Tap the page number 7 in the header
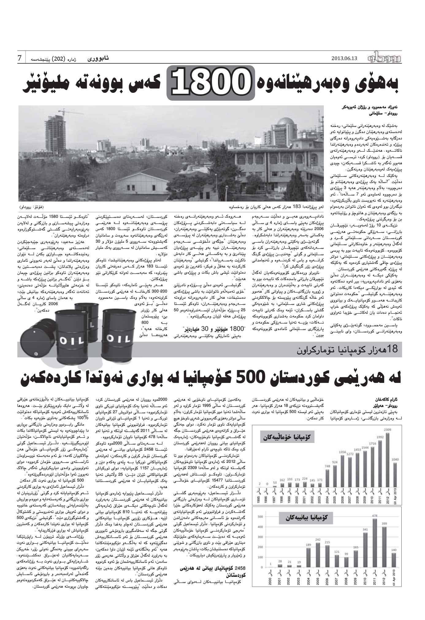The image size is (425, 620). coord(20,58)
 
